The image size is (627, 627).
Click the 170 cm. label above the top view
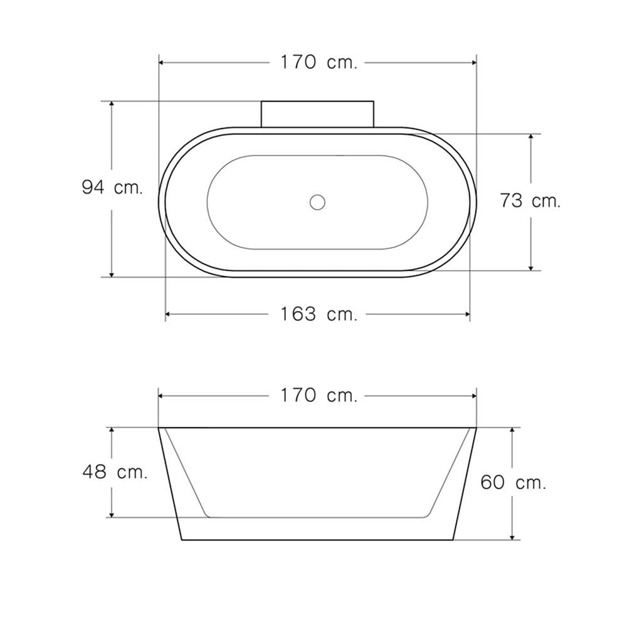[319, 62]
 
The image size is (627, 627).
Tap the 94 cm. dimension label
[112, 187]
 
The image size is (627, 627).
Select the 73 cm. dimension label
[530, 201]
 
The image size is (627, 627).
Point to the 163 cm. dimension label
[319, 314]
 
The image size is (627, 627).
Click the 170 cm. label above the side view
[319, 396]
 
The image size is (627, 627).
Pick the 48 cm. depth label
[115, 472]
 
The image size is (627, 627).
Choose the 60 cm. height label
[513, 482]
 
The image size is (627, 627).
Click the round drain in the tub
[317, 202]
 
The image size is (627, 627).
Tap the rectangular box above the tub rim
[317, 114]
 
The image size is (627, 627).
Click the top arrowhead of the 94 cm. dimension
[112, 104]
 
